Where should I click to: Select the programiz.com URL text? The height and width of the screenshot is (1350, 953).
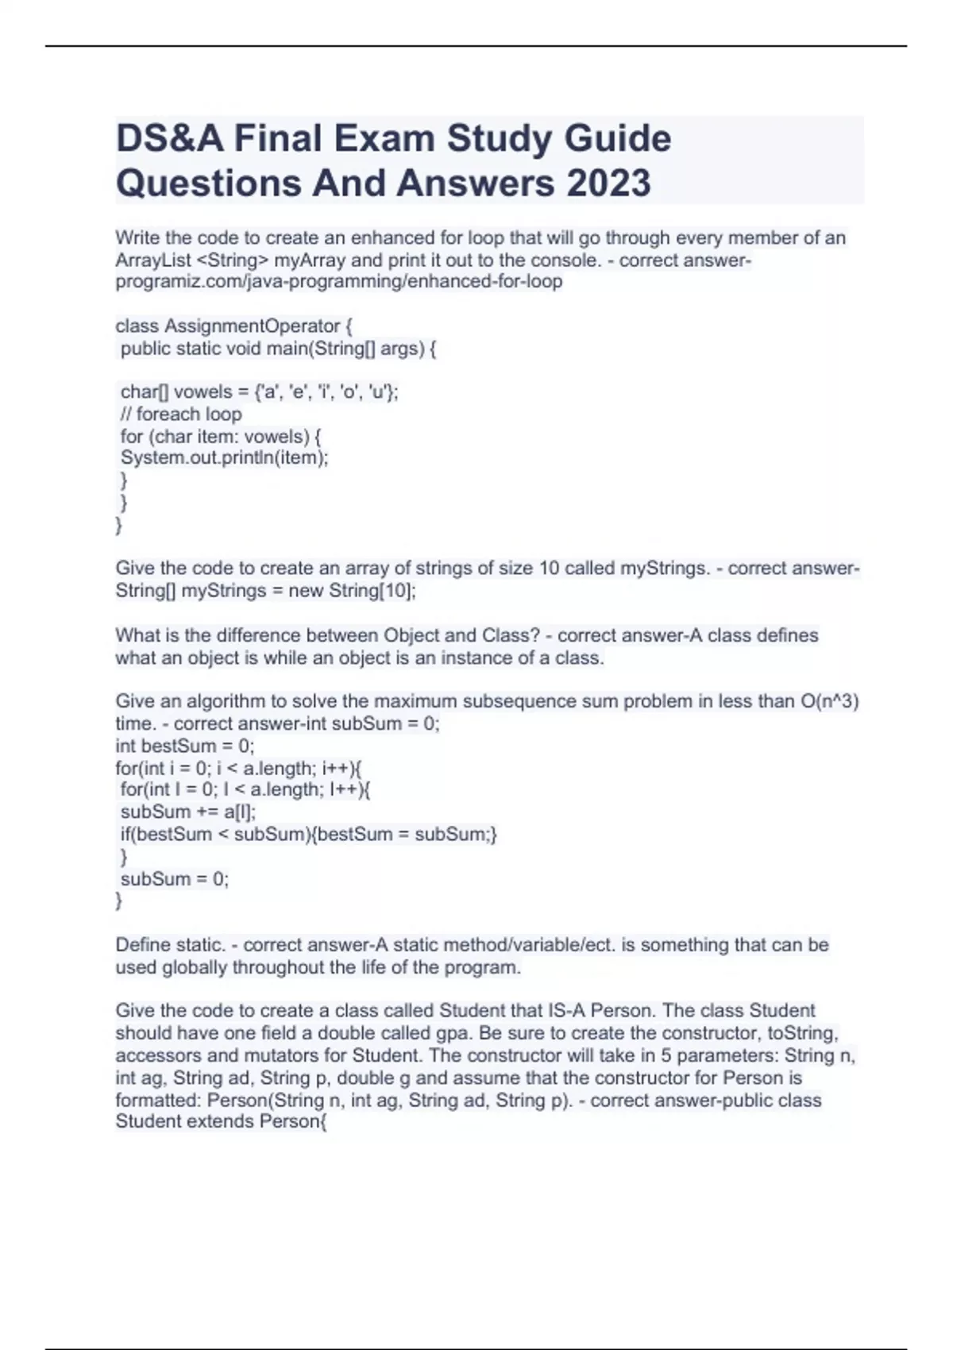[x=339, y=281]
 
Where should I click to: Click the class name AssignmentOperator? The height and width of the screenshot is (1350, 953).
[x=252, y=326]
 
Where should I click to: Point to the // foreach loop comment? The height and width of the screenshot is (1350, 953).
[x=181, y=414]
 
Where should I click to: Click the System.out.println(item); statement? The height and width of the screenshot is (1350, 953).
[x=224, y=457]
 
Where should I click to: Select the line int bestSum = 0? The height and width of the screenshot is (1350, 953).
[x=185, y=746]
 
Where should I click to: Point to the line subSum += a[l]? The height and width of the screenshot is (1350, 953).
[x=188, y=812]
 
